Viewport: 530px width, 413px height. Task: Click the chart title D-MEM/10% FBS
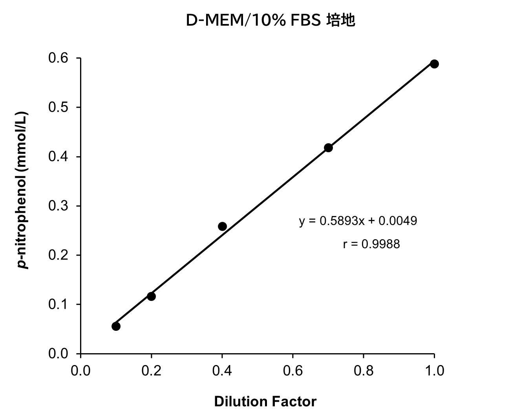click(253, 21)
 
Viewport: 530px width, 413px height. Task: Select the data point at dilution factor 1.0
click(434, 64)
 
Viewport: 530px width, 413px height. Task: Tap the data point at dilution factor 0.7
click(328, 147)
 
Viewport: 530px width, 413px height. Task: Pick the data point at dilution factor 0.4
click(222, 226)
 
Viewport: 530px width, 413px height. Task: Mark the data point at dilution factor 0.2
click(151, 296)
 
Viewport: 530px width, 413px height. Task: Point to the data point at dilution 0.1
click(116, 326)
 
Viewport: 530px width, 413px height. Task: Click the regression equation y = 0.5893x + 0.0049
click(358, 221)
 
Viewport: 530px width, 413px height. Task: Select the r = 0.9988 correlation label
click(371, 244)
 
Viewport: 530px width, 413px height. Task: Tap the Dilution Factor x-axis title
click(265, 402)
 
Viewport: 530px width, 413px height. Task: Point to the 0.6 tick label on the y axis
click(58, 58)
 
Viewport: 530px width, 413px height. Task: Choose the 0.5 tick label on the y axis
click(58, 107)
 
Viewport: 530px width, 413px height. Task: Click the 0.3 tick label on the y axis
click(58, 206)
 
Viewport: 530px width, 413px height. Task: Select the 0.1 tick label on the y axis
click(58, 304)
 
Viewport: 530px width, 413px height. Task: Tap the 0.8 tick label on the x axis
click(364, 371)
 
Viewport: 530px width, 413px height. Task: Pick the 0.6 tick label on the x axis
click(293, 371)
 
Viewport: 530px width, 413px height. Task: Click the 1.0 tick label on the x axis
click(434, 371)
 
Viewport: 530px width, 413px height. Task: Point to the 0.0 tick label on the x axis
click(80, 371)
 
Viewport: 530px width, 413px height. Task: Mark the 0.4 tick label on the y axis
click(58, 157)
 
